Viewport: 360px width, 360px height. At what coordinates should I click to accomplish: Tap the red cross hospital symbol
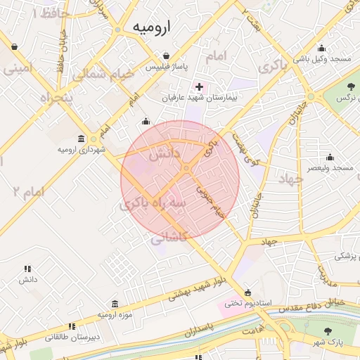pyautogui.click(x=200, y=87)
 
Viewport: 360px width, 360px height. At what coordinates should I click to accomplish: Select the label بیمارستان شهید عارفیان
pyautogui.click(x=200, y=98)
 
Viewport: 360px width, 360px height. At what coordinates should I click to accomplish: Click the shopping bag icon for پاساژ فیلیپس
pyautogui.click(x=165, y=56)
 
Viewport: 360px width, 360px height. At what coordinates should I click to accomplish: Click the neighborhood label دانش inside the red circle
pyautogui.click(x=166, y=154)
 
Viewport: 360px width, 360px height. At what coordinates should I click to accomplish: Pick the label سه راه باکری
pyautogui.click(x=153, y=204)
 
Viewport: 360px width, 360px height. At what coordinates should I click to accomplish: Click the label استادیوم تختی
pyautogui.click(x=243, y=303)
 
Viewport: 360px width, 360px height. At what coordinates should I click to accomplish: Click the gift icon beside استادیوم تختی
pyautogui.click(x=247, y=292)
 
